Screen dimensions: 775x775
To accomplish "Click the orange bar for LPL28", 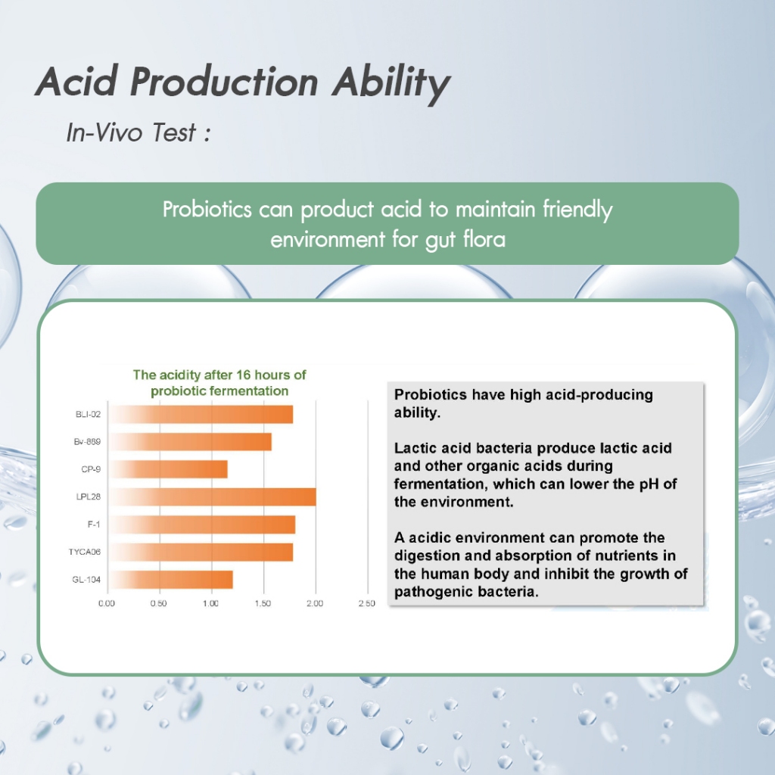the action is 213,496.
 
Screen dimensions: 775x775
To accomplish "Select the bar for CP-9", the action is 168,469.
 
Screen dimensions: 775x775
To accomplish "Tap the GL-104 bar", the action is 170,579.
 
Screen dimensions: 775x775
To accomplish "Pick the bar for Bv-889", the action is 190,441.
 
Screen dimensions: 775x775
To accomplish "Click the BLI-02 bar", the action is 201,414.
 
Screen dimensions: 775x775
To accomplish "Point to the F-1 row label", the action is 94,524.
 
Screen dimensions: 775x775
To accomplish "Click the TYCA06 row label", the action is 85,552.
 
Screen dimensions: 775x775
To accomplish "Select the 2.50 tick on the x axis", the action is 367,603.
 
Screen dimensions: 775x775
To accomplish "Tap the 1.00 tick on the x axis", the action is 210,603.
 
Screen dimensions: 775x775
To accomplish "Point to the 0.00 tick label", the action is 106,603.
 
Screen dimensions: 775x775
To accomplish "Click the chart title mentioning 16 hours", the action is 219,382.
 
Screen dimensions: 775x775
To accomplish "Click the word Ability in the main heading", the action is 391,82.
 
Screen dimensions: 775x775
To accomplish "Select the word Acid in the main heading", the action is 77,81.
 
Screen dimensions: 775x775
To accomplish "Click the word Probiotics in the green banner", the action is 207,209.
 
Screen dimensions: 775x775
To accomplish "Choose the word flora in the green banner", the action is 484,239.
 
